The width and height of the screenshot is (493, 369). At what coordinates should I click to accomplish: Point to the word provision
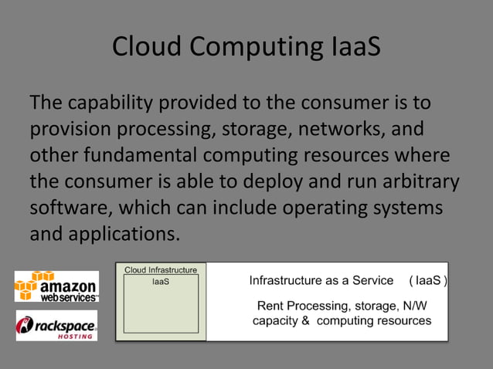click(x=71, y=129)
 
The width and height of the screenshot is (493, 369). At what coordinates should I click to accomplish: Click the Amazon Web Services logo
click(x=56, y=286)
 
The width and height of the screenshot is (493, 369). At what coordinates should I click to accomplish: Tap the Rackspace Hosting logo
click(x=56, y=325)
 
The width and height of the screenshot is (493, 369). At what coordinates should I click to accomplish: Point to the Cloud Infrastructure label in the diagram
click(x=161, y=270)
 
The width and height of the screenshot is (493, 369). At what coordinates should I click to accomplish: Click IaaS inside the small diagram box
click(x=160, y=283)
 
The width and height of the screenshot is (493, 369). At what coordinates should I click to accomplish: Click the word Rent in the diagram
click(x=270, y=306)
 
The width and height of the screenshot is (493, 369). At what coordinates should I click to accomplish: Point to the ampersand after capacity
click(x=304, y=321)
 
